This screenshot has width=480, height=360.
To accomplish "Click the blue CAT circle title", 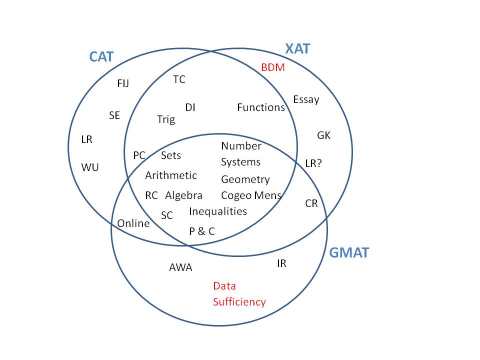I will pos(101,56).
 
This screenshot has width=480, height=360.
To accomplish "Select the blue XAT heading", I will pos(297,49).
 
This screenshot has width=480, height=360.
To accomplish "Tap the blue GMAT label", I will pos(349,253).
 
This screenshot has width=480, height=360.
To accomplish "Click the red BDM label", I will pos(273,67).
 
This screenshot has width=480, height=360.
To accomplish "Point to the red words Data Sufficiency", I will pos(239,294).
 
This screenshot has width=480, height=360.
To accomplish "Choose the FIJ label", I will pos(123,83).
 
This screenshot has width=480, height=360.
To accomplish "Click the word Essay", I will pos(306,99).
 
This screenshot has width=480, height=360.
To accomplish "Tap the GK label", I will pos(324,135).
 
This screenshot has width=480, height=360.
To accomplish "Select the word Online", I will pos(133,223).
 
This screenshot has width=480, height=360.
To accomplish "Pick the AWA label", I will pos(180,267).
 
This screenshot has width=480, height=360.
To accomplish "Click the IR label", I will pos(281,263).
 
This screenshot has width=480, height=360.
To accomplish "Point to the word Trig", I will pos(166,119).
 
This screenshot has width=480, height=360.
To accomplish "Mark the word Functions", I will pos(261,107).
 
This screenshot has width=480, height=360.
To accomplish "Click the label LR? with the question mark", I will pos(313,163).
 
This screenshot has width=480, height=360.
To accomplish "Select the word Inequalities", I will pos(218,211).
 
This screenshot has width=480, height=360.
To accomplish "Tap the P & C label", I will pos(202,231).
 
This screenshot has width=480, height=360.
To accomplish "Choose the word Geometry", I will pos(245,179).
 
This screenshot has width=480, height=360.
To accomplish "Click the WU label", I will pos(90,167).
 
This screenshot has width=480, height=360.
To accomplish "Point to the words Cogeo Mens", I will pos(251,195).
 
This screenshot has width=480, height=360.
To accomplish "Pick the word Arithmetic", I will pos(171,175).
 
